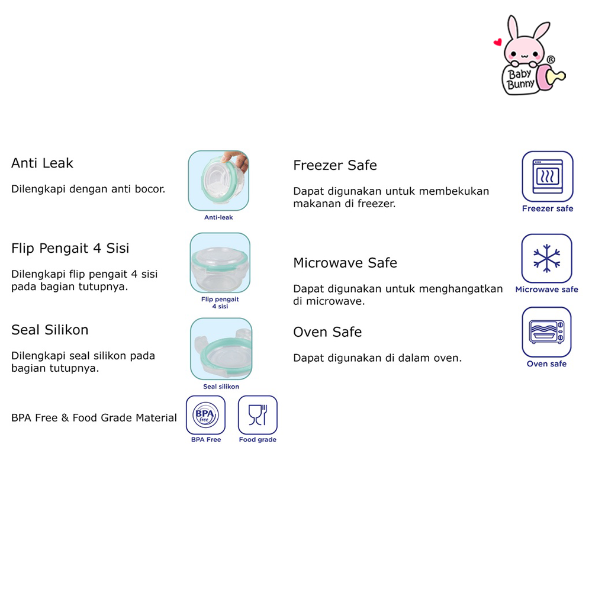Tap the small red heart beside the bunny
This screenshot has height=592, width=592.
(x=498, y=43)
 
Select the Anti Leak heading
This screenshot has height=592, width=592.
(x=42, y=163)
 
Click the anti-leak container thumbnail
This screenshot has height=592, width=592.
(x=218, y=181)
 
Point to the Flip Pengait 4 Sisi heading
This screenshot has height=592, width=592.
(x=70, y=248)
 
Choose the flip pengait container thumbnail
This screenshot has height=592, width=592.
(x=220, y=262)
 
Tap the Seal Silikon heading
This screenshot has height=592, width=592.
(x=50, y=330)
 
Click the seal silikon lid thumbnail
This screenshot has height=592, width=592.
(x=221, y=349)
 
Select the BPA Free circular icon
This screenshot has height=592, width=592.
(x=205, y=414)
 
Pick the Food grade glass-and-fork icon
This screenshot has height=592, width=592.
(x=258, y=414)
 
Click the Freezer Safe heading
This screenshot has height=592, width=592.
(x=335, y=165)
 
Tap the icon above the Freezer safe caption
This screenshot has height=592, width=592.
(x=547, y=176)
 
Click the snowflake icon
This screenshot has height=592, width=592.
(x=546, y=259)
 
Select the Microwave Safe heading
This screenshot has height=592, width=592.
(x=345, y=262)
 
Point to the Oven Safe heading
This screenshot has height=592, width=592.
(x=327, y=332)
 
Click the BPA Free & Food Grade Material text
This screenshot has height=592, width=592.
(x=94, y=418)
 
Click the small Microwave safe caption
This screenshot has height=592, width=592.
(x=546, y=289)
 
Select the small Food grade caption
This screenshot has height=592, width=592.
(x=258, y=440)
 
